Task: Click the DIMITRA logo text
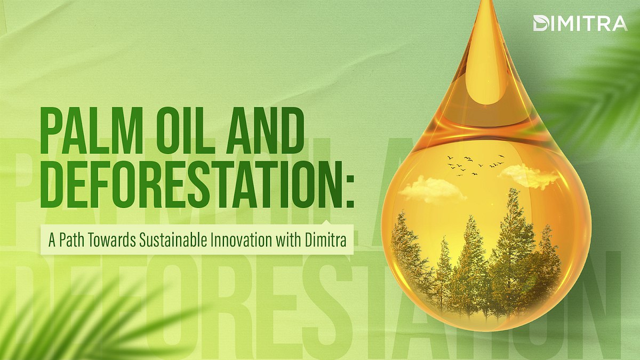pyautogui.click(x=587, y=23)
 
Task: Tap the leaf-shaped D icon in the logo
pyautogui.click(x=540, y=23)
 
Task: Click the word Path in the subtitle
pyautogui.click(x=70, y=239)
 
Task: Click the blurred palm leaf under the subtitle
pyautogui.click(x=80, y=320)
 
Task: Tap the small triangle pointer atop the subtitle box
pyautogui.click(x=326, y=223)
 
